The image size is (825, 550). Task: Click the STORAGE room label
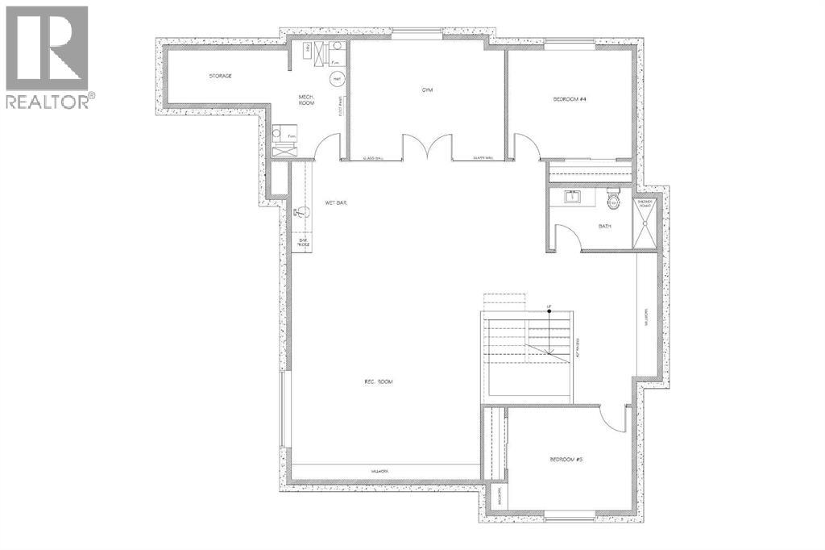(x=221, y=76)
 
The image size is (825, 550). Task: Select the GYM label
(x=427, y=90)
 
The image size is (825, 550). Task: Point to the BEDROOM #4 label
(x=569, y=99)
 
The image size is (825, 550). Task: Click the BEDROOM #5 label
(x=566, y=460)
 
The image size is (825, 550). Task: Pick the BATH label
(x=604, y=226)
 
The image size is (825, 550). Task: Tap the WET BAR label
(x=336, y=203)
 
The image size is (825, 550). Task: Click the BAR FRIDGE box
(x=304, y=242)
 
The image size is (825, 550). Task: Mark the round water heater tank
(x=337, y=78)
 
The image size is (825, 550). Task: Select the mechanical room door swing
(x=325, y=147)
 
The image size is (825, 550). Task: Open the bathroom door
(x=567, y=238)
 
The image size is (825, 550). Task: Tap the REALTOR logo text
(x=49, y=102)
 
